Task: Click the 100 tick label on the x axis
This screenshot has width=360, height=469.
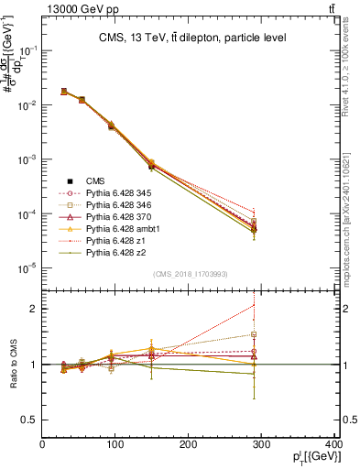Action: [x=115, y=446]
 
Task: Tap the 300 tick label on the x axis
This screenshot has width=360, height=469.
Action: [x=263, y=446]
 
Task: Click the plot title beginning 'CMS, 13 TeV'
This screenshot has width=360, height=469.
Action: [x=187, y=38]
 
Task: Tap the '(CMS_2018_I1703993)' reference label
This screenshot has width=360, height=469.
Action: [x=190, y=274]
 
